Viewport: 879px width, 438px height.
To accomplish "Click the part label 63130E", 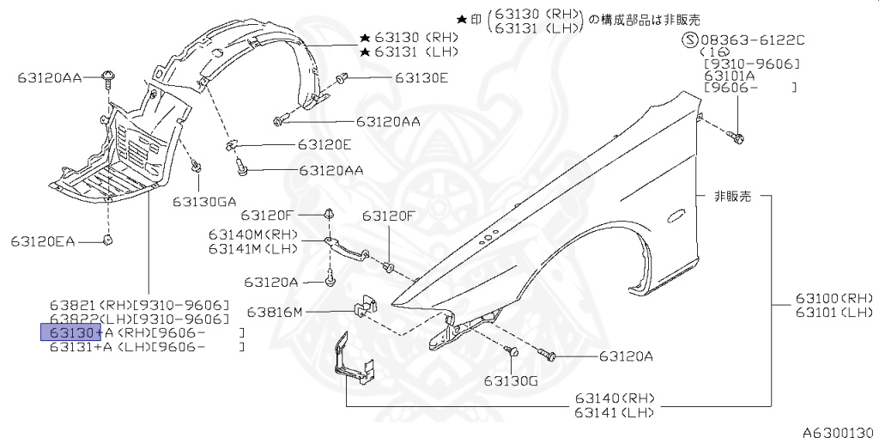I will tap(421, 77).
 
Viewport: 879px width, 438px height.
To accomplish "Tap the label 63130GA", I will tap(203, 202).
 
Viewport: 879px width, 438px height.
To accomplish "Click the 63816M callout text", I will tap(276, 311).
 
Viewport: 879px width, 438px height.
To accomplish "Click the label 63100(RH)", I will tap(834, 297).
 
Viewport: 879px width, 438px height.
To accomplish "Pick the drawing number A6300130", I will tap(839, 431).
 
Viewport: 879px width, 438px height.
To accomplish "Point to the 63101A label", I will tap(729, 76).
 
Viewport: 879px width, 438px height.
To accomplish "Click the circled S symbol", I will tap(689, 40).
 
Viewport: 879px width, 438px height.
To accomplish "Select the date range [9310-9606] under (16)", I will tap(751, 64).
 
